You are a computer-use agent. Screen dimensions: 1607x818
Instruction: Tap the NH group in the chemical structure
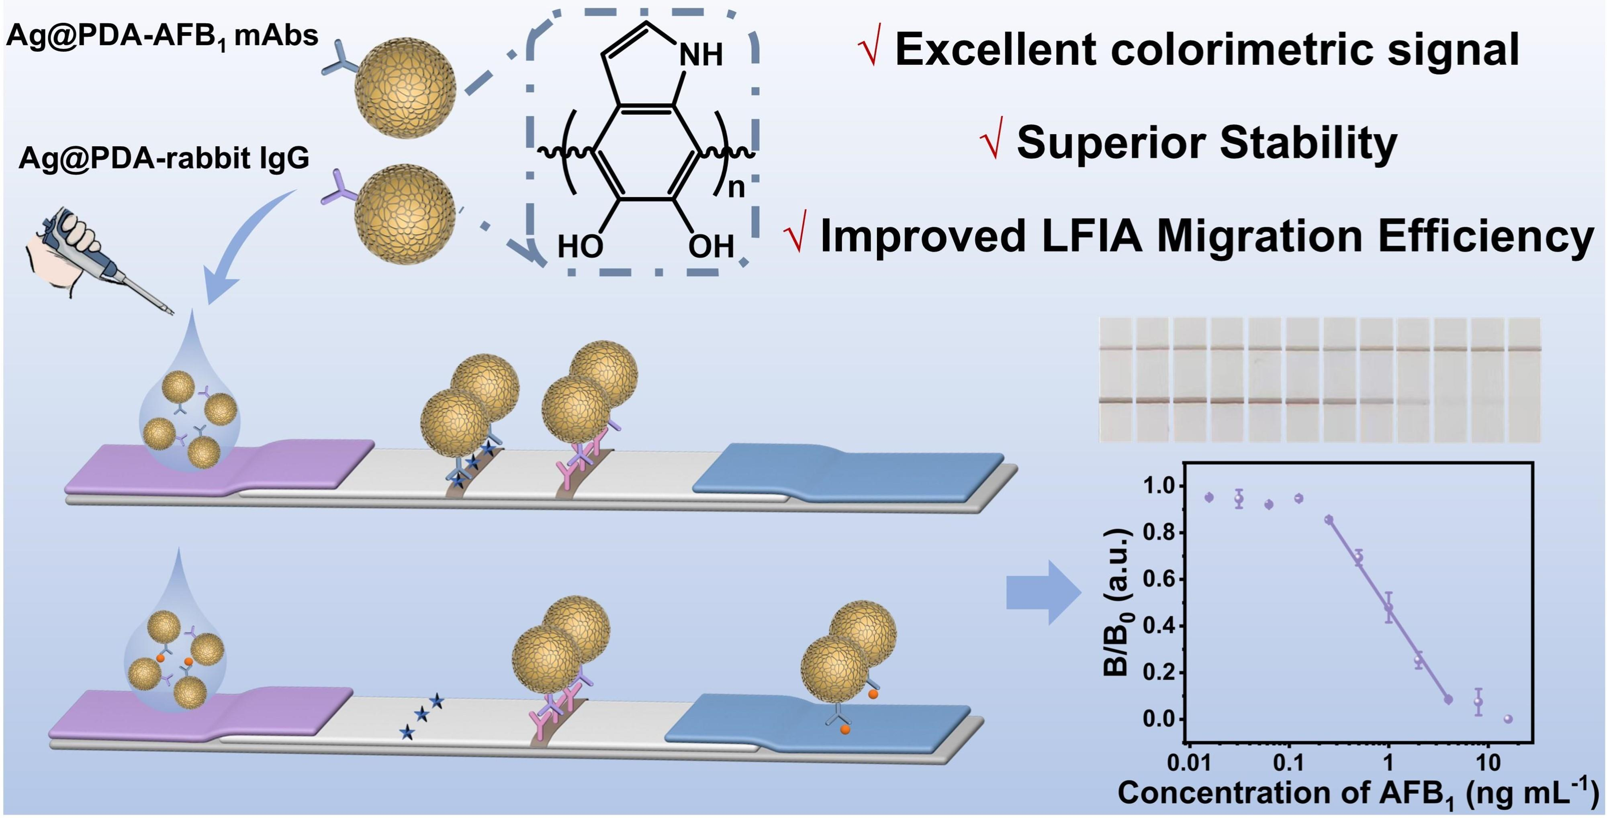701,55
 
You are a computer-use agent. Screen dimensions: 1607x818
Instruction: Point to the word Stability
1309,143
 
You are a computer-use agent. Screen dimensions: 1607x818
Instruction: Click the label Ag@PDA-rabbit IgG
164,158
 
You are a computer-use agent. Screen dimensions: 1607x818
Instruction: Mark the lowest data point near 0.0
1509,719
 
